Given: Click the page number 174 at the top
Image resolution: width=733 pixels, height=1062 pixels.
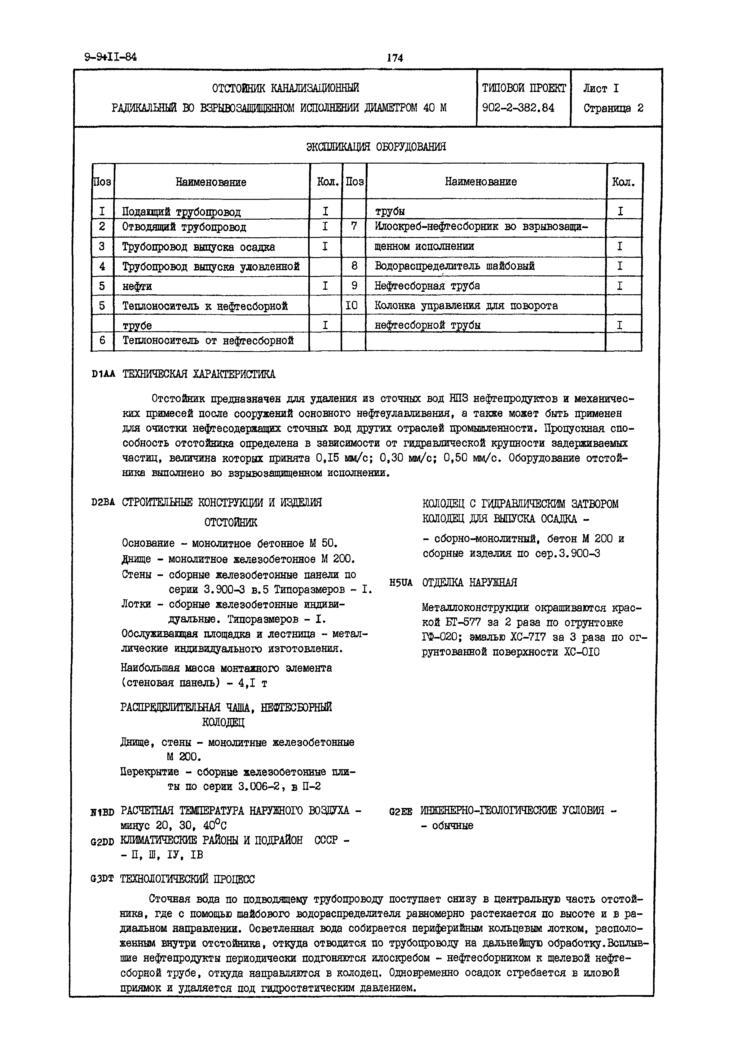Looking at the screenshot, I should [395, 58].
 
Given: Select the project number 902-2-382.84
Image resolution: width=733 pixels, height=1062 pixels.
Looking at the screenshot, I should [518, 108].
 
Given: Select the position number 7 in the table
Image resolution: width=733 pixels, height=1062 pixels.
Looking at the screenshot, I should [354, 226].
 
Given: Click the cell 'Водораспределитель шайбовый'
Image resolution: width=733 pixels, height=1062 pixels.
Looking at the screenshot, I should [454, 266].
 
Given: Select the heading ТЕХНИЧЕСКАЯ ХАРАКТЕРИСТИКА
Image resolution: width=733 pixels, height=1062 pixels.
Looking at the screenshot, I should [199, 375].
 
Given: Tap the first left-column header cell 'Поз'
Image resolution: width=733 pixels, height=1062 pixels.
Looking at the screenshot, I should [102, 182].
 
